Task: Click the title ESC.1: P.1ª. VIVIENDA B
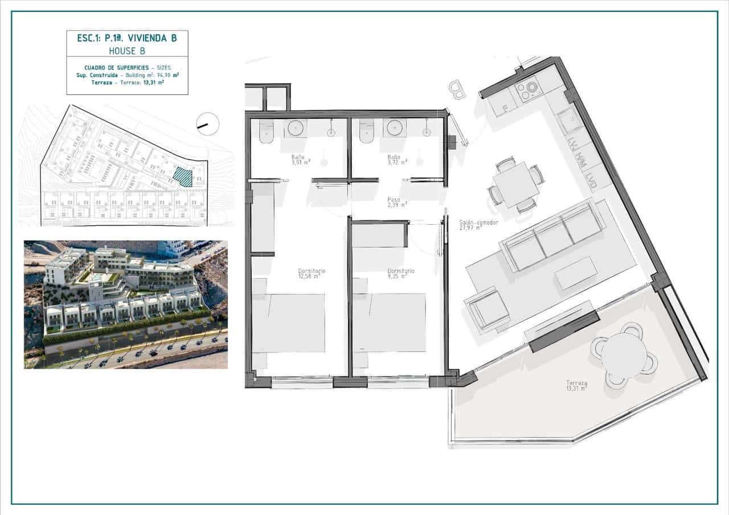[126, 38]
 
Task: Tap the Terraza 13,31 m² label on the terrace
[576, 386]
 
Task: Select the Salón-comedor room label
[478, 225]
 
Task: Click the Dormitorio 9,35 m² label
[400, 274]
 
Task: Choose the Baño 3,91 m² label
[299, 159]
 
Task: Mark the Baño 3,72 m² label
[397, 159]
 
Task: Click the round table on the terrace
[624, 353]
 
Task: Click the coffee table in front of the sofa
[576, 273]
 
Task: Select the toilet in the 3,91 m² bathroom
[267, 133]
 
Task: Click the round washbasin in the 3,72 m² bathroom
[394, 127]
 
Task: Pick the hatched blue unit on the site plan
[183, 176]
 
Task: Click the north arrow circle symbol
[207, 123]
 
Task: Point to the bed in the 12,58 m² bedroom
[289, 323]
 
